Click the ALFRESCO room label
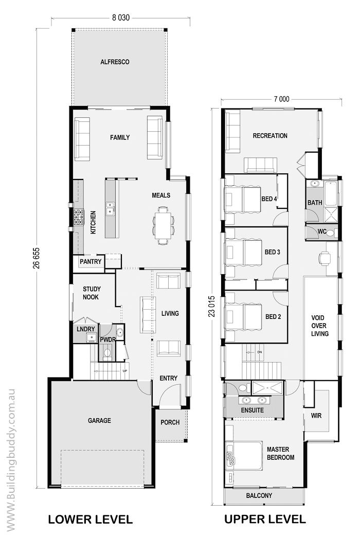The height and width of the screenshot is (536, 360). pyautogui.click(x=114, y=62)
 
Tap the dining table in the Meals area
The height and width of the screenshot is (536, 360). pyautogui.click(x=164, y=225)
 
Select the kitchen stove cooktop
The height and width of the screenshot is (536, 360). pyautogui.click(x=78, y=218)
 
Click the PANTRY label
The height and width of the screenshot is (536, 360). pyautogui.click(x=91, y=262)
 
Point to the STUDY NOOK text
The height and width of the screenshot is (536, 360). pyautogui.click(x=92, y=293)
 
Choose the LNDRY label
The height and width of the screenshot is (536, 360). pyautogui.click(x=85, y=328)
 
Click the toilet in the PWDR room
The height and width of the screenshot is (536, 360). pyautogui.click(x=107, y=352)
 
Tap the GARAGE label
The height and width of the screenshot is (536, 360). pyautogui.click(x=99, y=420)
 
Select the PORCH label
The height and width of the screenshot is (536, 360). pyautogui.click(x=170, y=422)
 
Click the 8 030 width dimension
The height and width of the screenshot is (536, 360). pyautogui.click(x=121, y=17)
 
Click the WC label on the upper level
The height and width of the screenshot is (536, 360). pyautogui.click(x=322, y=231)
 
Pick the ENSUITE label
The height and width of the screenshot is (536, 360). pyautogui.click(x=253, y=410)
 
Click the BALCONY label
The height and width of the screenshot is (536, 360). pyautogui.click(x=259, y=495)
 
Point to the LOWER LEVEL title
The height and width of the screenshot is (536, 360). pyautogui.click(x=91, y=520)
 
